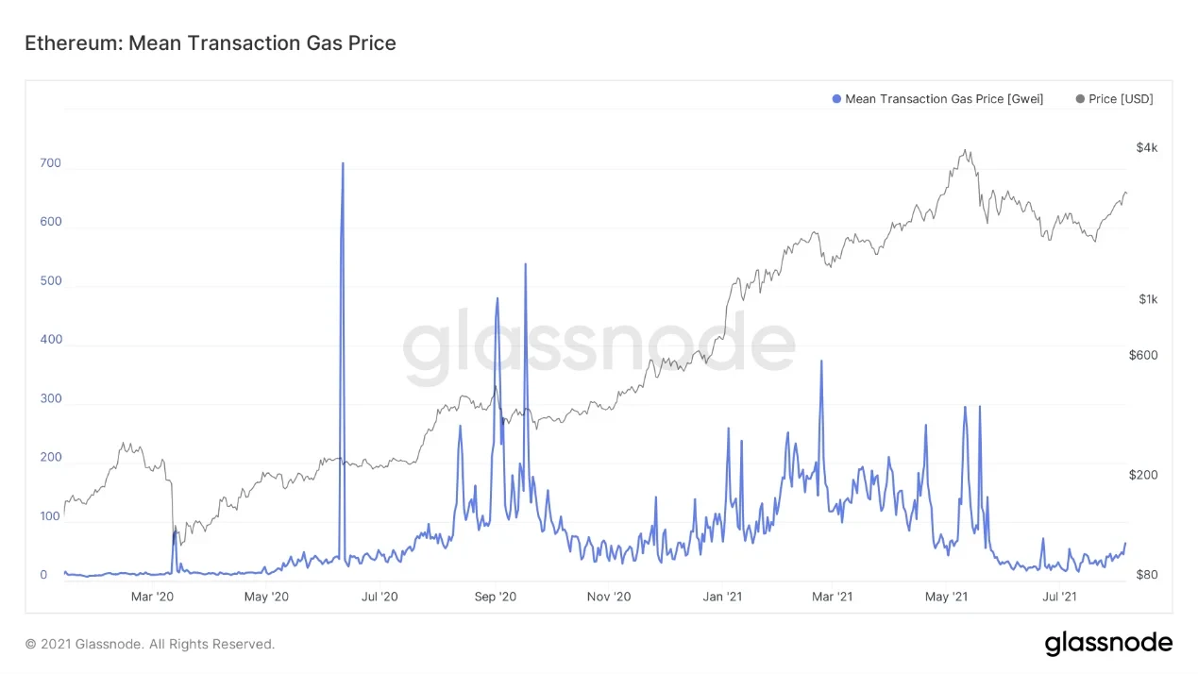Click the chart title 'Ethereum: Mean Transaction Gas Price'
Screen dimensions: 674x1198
(210, 42)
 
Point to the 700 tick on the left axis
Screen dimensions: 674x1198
(50, 163)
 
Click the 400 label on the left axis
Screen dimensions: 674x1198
(50, 340)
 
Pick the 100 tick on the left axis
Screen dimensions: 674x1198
(50, 516)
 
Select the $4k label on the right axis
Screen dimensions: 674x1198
(1146, 147)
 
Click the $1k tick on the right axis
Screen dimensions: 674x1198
(1147, 299)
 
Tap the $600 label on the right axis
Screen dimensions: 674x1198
(1142, 355)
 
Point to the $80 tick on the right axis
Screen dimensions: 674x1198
(1145, 574)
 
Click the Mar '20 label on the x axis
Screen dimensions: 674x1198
(152, 596)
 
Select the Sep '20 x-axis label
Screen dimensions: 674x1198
(495, 596)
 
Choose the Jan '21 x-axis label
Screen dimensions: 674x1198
(722, 596)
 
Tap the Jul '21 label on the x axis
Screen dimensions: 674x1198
(1059, 596)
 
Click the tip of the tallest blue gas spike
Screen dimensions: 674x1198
(343, 163)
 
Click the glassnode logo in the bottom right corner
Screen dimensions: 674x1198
(1108, 644)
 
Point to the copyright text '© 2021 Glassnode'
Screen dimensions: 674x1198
(149, 644)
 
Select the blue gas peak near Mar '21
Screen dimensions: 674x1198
(821, 361)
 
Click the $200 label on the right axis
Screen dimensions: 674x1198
(1142, 475)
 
